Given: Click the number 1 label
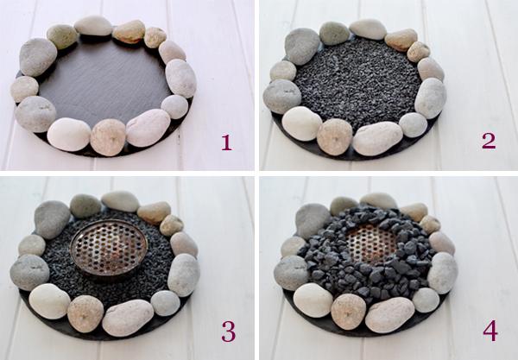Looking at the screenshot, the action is [x=226, y=142].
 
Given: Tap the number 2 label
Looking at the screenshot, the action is [x=489, y=141].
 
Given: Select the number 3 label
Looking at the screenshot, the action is [x=228, y=331].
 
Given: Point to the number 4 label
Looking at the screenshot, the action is [x=490, y=331].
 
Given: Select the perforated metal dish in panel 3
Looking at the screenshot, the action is [x=109, y=249].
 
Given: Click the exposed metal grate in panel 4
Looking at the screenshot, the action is [x=370, y=242].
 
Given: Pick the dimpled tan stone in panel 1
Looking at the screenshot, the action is [x=108, y=137].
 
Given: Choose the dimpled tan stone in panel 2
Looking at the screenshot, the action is [x=335, y=136].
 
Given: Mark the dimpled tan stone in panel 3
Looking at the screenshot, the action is [x=85, y=313].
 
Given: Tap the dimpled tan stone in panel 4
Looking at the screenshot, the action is [x=348, y=311].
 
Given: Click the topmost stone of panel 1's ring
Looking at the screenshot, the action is [x=93, y=25].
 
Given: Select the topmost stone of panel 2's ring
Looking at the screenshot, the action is [x=368, y=29].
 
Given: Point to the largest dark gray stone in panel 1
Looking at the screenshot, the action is [x=38, y=57].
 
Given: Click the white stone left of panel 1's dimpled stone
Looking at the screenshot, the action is [x=69, y=135].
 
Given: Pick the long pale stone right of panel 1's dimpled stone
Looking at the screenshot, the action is [x=148, y=127].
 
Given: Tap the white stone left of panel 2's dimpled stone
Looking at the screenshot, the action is [x=302, y=123].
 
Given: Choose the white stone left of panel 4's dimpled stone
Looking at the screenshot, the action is [x=313, y=300].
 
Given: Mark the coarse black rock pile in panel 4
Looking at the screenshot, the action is [x=366, y=251].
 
